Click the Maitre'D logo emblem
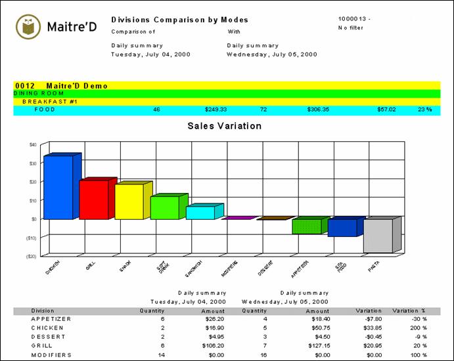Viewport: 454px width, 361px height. pos(27,26)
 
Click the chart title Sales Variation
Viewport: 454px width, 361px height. pos(225,126)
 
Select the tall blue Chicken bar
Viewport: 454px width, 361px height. pos(58,187)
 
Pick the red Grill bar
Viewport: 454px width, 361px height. pos(93,200)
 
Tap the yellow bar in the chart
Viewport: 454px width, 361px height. pos(129,202)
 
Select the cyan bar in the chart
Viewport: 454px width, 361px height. pos(200,213)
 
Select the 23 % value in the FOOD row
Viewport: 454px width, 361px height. pos(424,110)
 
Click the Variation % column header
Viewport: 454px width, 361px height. pos(409,310)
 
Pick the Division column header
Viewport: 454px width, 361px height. pos(43,310)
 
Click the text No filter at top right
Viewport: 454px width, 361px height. pos(352,28)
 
